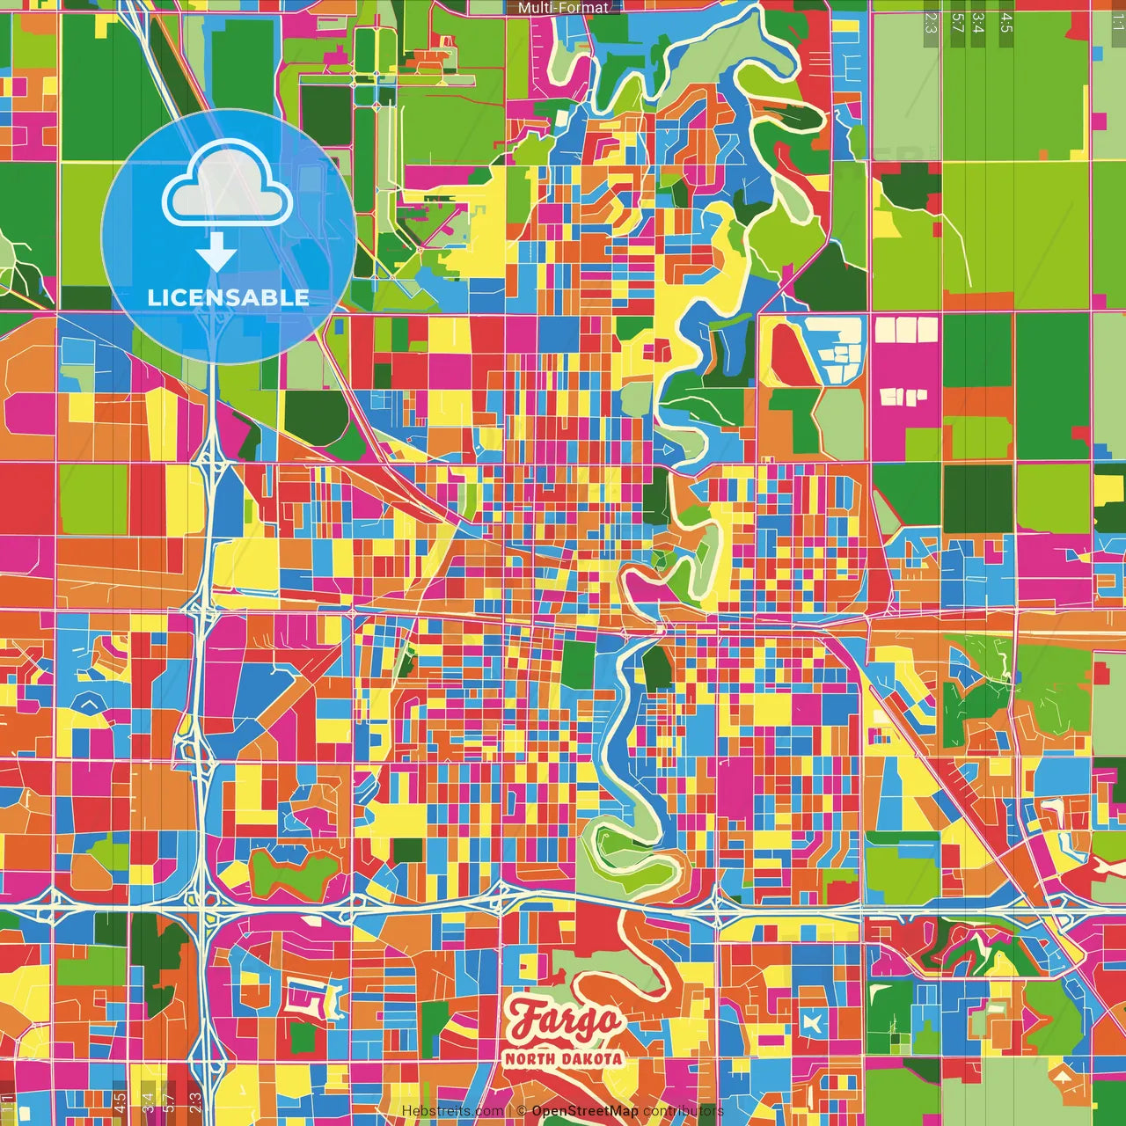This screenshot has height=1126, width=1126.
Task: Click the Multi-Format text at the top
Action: tap(563, 8)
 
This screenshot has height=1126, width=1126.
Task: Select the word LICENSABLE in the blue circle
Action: tap(228, 297)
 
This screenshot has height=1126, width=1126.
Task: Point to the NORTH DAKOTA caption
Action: tap(564, 1058)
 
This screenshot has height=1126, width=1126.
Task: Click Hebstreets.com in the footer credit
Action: tap(452, 1111)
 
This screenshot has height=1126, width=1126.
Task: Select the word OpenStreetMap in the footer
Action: tap(584, 1111)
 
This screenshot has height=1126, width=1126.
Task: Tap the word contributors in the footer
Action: tap(683, 1111)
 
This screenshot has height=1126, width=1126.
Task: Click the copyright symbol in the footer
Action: tap(522, 1111)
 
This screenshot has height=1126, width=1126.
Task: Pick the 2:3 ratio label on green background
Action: tap(930, 23)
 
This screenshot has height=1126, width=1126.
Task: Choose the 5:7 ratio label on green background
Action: tap(957, 23)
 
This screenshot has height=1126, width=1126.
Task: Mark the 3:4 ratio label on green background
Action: tap(978, 23)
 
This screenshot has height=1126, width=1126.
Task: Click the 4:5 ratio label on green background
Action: tap(1005, 23)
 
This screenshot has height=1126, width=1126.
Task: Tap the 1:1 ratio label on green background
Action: tap(1116, 23)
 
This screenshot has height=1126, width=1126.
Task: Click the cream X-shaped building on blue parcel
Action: tap(810, 1023)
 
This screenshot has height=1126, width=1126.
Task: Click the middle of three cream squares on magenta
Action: tap(905, 330)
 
